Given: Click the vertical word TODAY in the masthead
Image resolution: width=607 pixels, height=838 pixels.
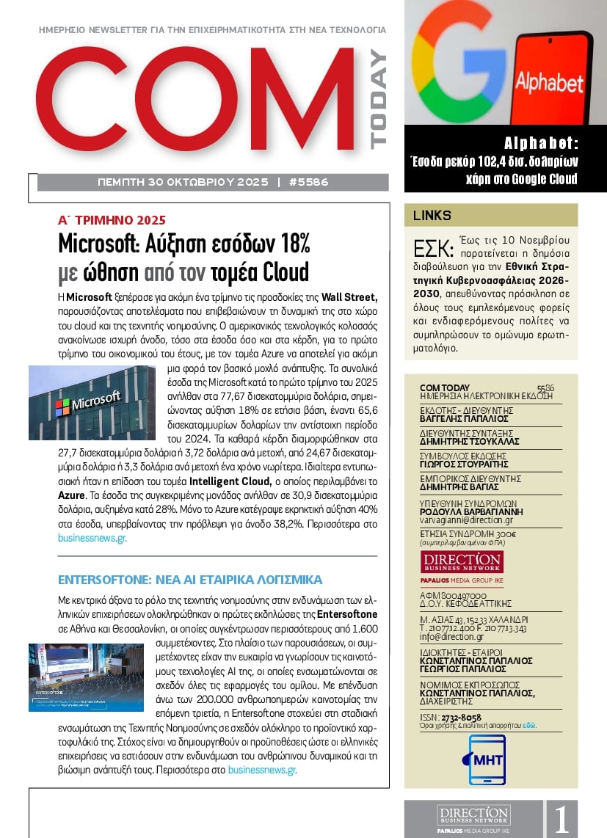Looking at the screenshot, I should coord(379,100).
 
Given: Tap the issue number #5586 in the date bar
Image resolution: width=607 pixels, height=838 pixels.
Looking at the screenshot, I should coord(308,181).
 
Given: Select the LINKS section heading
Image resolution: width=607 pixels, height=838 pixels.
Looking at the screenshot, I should coord(432,216).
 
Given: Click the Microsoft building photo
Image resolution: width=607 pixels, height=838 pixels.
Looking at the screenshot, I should coord(92,403).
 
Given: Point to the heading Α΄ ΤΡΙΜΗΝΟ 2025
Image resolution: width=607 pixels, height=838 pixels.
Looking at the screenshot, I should coord(112,220).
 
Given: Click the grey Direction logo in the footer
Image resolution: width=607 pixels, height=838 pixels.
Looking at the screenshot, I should coord(473,818).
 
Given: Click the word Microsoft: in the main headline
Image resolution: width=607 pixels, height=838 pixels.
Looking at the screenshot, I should coord(111,243).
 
